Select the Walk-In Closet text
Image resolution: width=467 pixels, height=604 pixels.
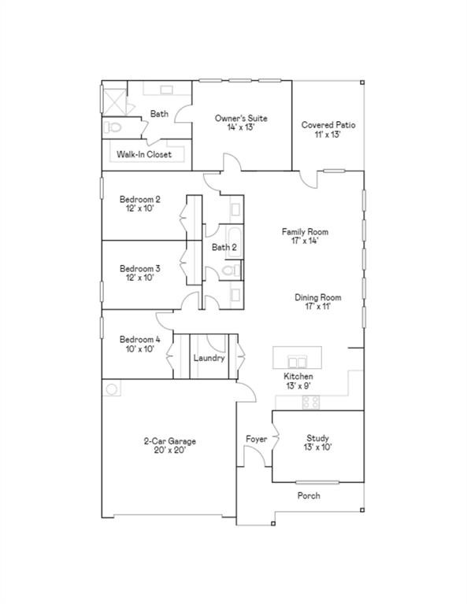tap(144, 154)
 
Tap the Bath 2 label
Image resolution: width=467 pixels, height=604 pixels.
tap(224, 248)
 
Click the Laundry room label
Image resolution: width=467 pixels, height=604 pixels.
tap(209, 358)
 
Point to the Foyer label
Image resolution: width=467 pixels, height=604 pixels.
tap(256, 439)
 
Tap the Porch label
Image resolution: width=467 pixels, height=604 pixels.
tap(309, 496)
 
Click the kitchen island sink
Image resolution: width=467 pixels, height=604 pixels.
tap(297, 361)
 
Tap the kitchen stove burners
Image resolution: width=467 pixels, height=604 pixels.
tap(311, 402)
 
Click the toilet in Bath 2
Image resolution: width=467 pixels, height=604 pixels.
tap(230, 271)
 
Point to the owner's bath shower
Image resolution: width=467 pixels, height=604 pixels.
tap(113, 100)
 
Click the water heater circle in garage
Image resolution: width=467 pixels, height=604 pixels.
tap(112, 389)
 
